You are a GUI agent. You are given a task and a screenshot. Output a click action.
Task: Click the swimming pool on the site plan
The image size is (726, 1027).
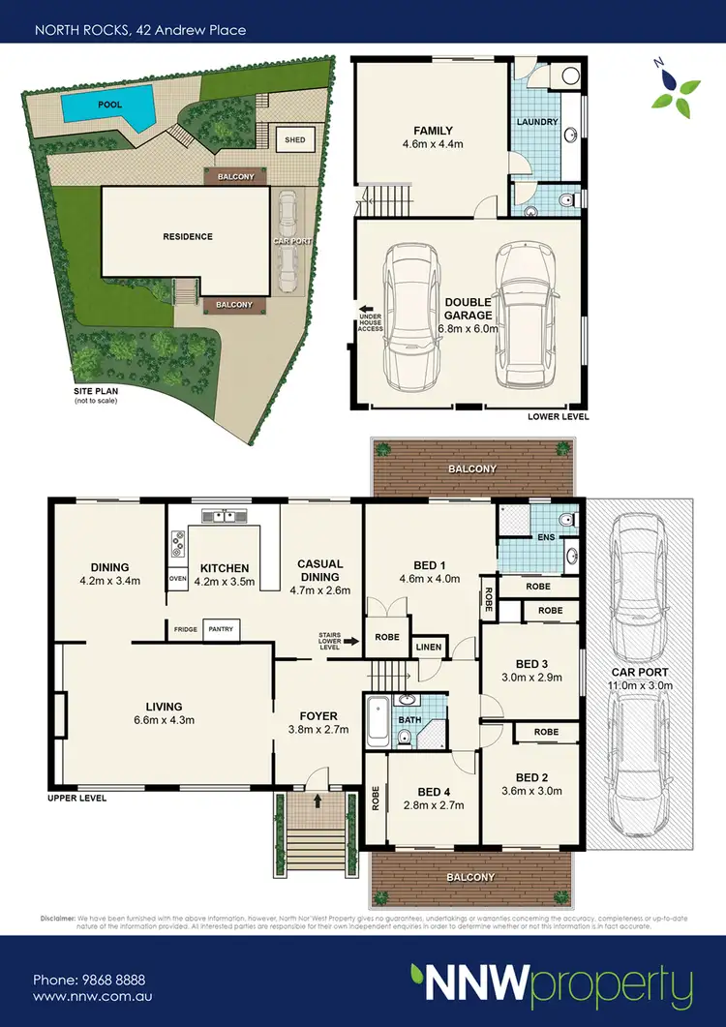tap(106, 103)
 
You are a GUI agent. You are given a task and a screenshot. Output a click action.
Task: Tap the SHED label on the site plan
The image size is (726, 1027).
tap(294, 140)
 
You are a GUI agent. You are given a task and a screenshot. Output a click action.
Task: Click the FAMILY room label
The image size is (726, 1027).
tap(433, 131)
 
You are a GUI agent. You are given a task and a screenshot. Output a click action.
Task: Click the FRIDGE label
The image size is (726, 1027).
tap(185, 630)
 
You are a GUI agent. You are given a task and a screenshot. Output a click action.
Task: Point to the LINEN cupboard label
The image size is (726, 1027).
tap(429, 647)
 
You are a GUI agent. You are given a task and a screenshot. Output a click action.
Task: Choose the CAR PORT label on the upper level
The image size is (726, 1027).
tap(640, 672)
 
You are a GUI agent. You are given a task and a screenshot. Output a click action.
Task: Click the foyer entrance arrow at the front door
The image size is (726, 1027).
tap(318, 801)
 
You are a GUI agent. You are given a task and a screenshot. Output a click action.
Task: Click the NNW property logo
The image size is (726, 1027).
tap(551, 985)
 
